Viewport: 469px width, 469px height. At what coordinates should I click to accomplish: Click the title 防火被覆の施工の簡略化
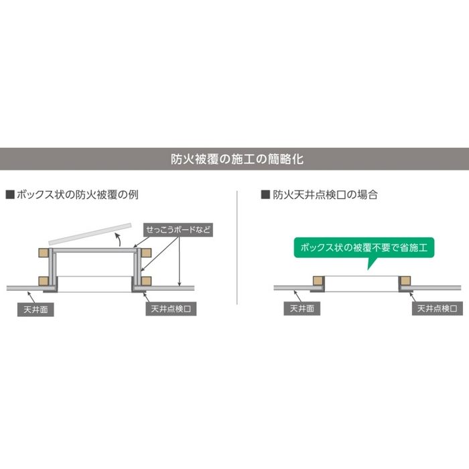pyautogui.click(x=237, y=159)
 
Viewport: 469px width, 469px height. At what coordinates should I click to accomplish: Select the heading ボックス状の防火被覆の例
pyautogui.click(x=78, y=195)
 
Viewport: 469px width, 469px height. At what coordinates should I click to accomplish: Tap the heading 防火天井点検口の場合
pyautogui.click(x=325, y=195)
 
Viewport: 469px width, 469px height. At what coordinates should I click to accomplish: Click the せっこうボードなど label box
pyautogui.click(x=178, y=230)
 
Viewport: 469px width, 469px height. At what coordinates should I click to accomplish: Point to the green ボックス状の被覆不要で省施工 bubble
pyautogui.click(x=364, y=248)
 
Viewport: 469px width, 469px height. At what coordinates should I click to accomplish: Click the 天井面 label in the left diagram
pyautogui.click(x=36, y=310)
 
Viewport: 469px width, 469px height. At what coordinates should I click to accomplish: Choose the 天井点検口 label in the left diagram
pyautogui.click(x=171, y=309)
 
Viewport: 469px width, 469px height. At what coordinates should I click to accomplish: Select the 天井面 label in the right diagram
pyautogui.click(x=301, y=308)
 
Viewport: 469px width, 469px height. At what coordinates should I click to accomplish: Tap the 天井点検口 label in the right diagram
pyautogui.click(x=437, y=308)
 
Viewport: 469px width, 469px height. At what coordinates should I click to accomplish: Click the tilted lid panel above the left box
pyautogui.click(x=90, y=234)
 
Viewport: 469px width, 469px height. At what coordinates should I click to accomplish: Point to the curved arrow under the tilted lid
pyautogui.click(x=119, y=240)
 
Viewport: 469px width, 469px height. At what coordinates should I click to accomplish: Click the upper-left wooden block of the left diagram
pyautogui.click(x=44, y=253)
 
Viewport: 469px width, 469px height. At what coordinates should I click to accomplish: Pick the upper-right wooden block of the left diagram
pyautogui.click(x=146, y=253)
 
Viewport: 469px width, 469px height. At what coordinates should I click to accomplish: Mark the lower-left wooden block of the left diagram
pyautogui.click(x=44, y=281)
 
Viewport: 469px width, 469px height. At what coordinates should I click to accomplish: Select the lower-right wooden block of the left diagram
pyautogui.click(x=146, y=281)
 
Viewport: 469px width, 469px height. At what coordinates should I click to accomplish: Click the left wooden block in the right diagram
pyautogui.click(x=318, y=281)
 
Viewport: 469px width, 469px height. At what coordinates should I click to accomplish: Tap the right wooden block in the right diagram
pyautogui.click(x=405, y=281)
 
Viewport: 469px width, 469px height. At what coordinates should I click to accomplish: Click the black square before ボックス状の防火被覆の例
pyautogui.click(x=10, y=194)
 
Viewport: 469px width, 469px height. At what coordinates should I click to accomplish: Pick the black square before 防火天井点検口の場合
pyautogui.click(x=265, y=194)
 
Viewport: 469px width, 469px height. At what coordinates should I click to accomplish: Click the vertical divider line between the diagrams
pyautogui.click(x=237, y=248)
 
